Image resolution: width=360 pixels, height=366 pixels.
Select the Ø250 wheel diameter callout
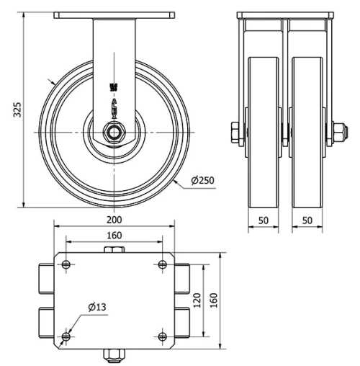204,179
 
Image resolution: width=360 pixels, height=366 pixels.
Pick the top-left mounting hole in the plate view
66,265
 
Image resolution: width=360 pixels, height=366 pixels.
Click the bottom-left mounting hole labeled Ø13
66,336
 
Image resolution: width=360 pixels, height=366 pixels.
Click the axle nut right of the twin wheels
336,133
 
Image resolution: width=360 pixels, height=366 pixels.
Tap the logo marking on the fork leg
114,88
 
